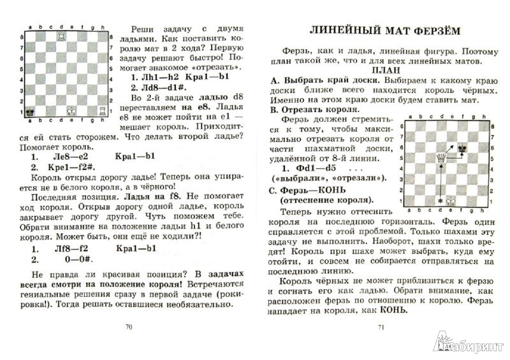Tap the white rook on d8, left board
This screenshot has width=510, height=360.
pos(62,36)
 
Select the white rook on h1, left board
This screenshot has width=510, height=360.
pos(104,111)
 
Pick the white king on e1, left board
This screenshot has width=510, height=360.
pos(72,111)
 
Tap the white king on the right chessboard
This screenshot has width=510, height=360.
pos(451,200)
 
